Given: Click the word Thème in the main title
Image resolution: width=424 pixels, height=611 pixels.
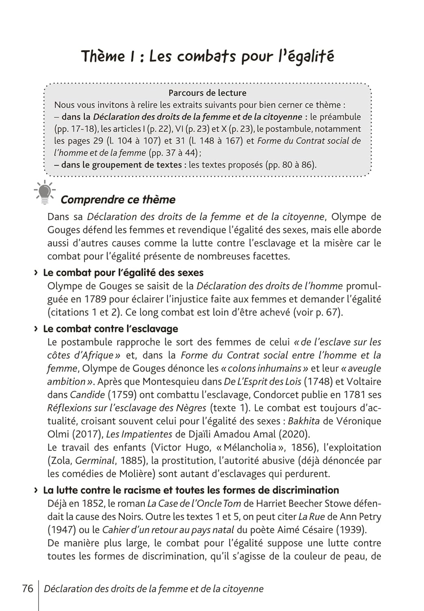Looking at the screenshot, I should click(103, 56).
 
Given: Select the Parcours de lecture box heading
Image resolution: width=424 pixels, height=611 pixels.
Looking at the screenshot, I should click(208, 93).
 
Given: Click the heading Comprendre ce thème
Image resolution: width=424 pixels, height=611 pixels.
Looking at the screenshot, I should click(118, 200).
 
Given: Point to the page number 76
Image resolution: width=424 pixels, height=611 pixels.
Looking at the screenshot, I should click(28, 589).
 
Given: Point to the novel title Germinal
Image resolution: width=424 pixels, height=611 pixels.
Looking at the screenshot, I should click(95, 461).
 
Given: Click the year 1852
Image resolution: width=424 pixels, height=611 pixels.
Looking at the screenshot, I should click(97, 503).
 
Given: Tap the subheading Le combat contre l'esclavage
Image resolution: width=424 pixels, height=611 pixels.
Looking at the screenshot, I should click(110, 329).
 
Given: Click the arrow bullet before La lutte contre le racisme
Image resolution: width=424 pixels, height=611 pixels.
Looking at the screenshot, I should click(36, 490).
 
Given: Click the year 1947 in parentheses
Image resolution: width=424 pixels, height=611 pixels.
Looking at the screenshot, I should click(61, 530).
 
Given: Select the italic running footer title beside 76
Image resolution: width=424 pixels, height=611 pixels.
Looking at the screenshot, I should click(153, 589).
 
